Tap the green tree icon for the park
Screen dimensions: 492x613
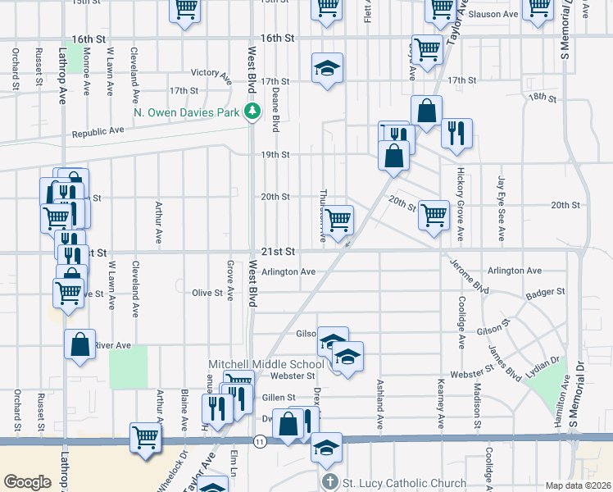point(254,112)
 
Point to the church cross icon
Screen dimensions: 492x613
point(329,482)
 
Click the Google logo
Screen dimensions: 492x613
point(27,482)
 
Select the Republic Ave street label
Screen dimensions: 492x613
point(98,131)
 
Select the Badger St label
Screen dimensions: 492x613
point(549,291)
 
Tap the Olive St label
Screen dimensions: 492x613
point(207,293)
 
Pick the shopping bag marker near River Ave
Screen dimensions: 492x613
point(79,344)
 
